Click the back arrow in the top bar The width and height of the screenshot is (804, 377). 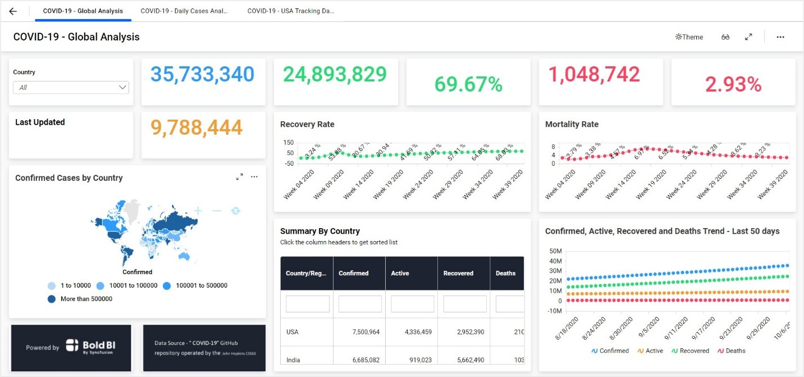[13, 11]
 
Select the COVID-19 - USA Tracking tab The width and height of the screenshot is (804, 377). [291, 11]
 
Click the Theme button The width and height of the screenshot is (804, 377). [689, 37]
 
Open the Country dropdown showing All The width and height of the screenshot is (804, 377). [71, 88]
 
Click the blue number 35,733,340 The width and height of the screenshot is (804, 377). [202, 75]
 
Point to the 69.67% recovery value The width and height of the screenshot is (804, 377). [468, 84]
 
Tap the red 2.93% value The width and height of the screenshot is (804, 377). [733, 84]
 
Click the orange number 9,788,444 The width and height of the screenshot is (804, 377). [197, 128]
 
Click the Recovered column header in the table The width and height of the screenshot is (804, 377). [458, 274]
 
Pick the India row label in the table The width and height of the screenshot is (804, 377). [293, 360]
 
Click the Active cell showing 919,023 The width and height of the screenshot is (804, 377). [418, 360]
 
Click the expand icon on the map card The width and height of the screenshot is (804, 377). [240, 177]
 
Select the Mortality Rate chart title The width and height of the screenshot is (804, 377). [572, 124]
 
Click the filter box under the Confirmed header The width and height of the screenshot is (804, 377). [360, 304]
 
